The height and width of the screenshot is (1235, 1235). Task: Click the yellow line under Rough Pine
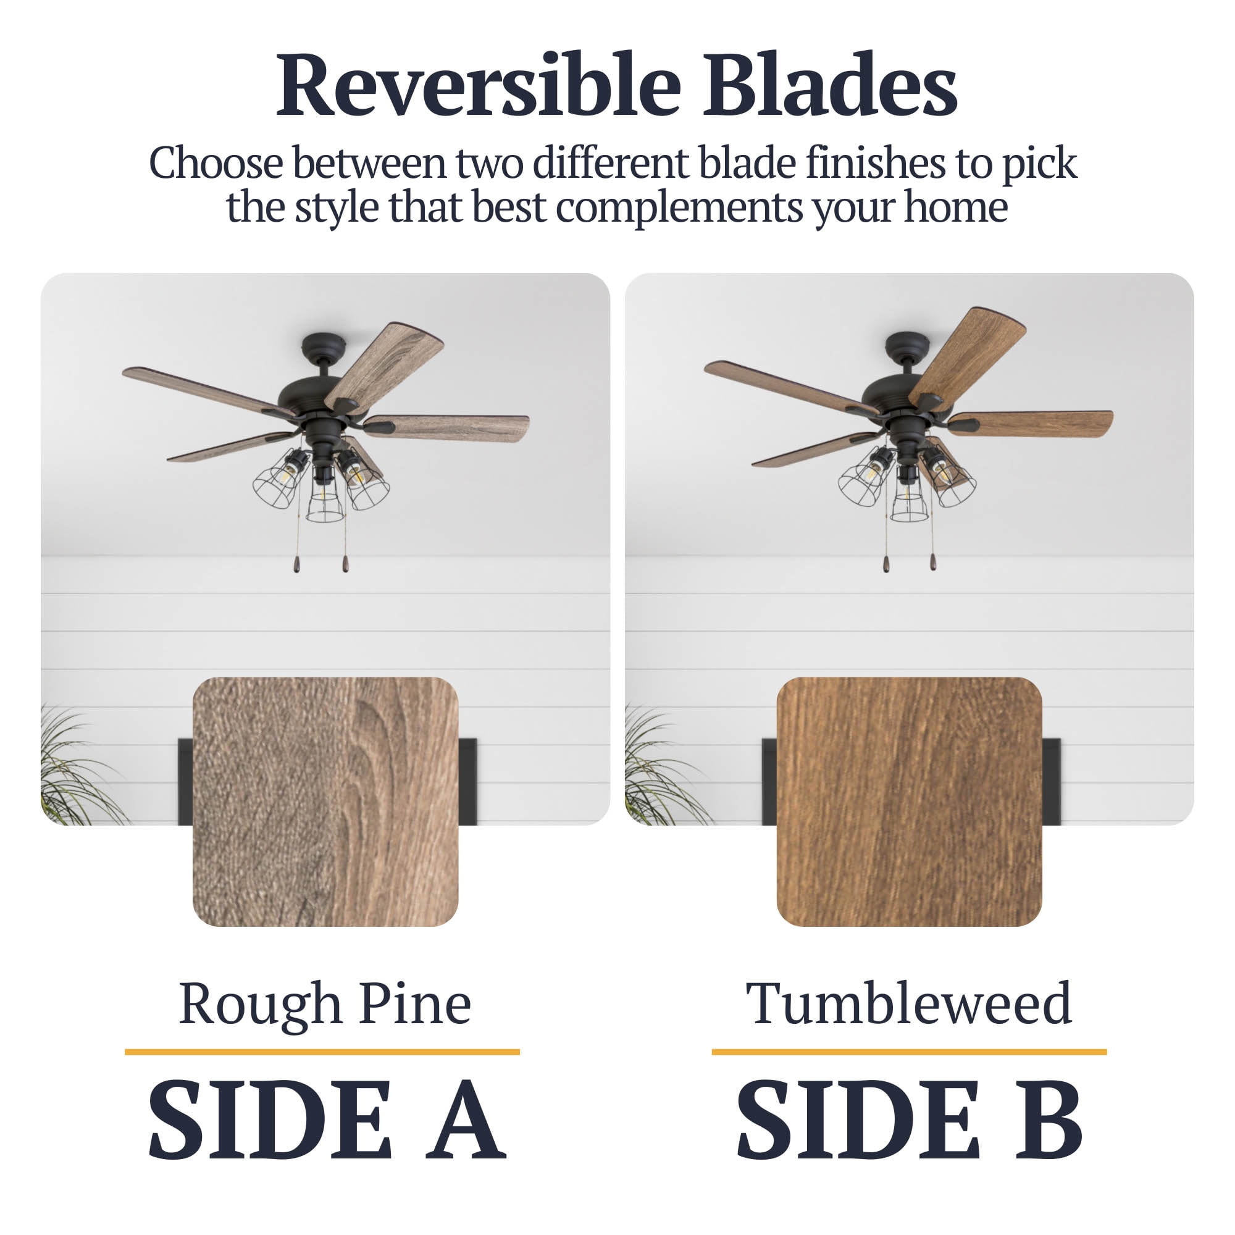pos(322,1052)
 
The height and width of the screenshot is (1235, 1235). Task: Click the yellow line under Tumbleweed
pos(909,1052)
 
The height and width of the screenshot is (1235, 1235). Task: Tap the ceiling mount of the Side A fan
pos(324,346)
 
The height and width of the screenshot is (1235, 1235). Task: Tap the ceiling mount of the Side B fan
pos(906,346)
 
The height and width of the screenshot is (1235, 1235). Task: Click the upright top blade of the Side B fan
pos(966,357)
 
